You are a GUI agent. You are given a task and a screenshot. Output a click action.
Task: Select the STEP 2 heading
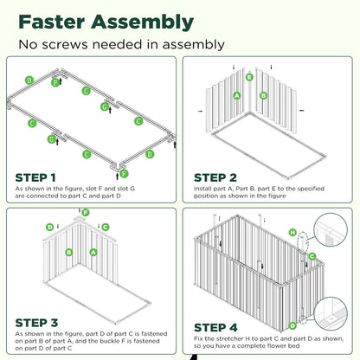pyautogui.click(x=216, y=176)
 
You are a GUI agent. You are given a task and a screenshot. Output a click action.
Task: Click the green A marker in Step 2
pyautogui.click(x=236, y=95)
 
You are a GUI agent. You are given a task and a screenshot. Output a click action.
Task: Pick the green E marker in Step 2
pyautogui.click(x=250, y=78)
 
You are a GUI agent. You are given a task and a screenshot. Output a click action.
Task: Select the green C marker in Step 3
pyautogui.click(x=105, y=227)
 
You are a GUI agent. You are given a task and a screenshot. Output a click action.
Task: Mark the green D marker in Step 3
pyautogui.click(x=50, y=227)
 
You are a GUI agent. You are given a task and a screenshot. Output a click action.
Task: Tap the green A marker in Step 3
pyautogui.click(x=93, y=253)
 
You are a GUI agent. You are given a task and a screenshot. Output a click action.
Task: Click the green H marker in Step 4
pyautogui.click(x=293, y=233)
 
